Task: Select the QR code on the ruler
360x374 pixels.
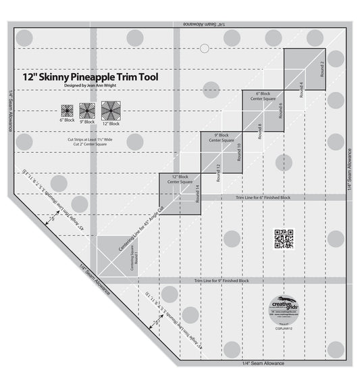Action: [x=284, y=238]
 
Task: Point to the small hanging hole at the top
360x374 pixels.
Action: [x=204, y=48]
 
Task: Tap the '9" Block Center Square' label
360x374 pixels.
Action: [x=221, y=139]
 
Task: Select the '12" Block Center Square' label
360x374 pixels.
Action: [x=180, y=180]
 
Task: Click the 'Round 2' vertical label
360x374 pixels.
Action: [x=323, y=68]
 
